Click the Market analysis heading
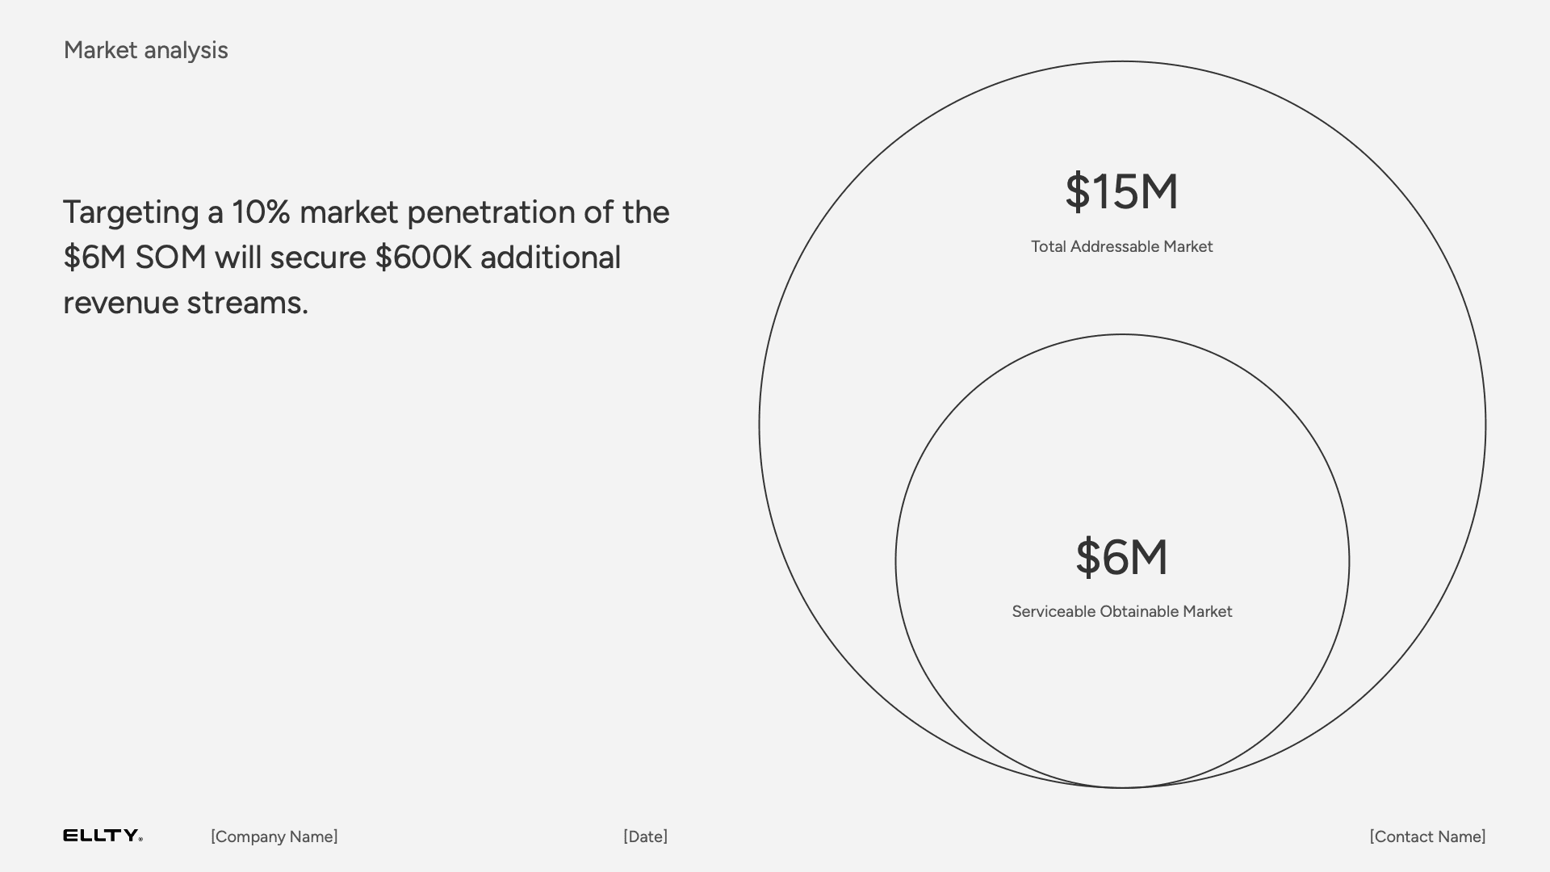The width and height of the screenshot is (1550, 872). (145, 50)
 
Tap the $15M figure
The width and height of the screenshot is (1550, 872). (1121, 192)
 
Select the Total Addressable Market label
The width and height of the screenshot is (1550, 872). (1121, 246)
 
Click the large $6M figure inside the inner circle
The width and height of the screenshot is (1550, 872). (1121, 557)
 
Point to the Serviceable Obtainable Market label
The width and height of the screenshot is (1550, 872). (1122, 611)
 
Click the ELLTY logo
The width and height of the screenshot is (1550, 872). (103, 836)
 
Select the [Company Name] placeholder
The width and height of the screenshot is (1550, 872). (274, 836)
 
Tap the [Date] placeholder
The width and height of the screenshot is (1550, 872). (646, 836)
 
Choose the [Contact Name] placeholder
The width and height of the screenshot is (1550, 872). (1427, 836)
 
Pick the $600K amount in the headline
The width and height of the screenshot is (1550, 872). (423, 258)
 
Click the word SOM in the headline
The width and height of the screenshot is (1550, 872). (170, 258)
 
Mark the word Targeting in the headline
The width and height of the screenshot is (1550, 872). (131, 214)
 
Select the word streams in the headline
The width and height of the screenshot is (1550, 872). (248, 303)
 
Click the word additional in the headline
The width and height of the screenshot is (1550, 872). (551, 258)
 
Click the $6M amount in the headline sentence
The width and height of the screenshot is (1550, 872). (94, 258)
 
